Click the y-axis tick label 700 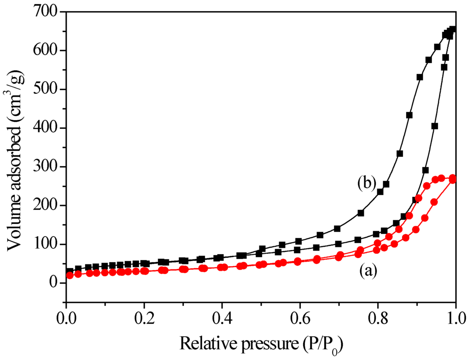point(48,12)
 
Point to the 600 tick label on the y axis point(48,51)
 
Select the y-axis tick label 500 point(48,89)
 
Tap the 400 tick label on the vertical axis point(48,128)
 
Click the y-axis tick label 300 point(48,166)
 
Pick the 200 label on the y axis point(48,206)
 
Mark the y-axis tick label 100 point(48,244)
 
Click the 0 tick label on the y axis point(56,283)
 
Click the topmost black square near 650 point(453,29)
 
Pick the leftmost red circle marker point(70,275)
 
